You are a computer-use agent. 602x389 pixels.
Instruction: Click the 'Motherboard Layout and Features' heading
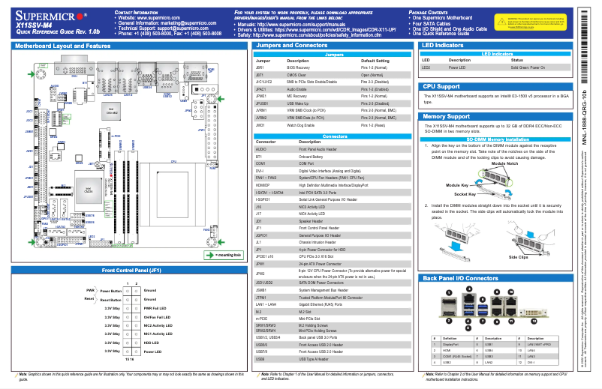62,46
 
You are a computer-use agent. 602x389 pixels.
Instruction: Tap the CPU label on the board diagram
173,160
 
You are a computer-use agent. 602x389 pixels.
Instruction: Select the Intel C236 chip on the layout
87,190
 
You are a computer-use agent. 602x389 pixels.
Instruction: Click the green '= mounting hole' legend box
223,254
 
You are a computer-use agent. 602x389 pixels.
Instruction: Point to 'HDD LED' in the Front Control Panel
152,343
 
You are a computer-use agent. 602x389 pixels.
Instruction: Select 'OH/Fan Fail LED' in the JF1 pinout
158,316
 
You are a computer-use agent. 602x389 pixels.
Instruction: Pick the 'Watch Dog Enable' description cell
315,124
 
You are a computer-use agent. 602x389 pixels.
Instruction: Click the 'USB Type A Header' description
315,359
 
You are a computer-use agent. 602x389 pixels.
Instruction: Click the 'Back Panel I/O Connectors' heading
460,278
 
